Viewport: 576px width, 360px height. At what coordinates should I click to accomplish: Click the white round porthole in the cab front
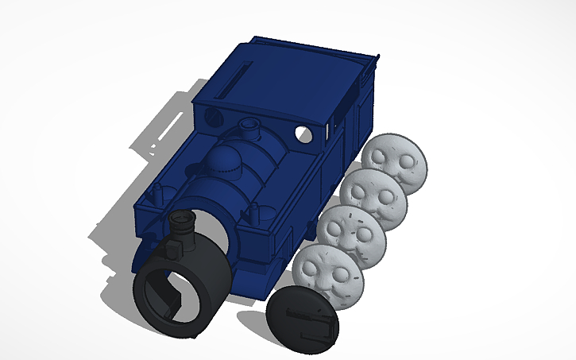302,133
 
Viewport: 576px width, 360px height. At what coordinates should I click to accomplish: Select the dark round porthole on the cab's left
212,116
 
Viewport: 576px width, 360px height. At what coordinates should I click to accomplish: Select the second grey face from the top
373,195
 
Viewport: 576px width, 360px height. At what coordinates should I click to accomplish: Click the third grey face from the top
352,234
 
